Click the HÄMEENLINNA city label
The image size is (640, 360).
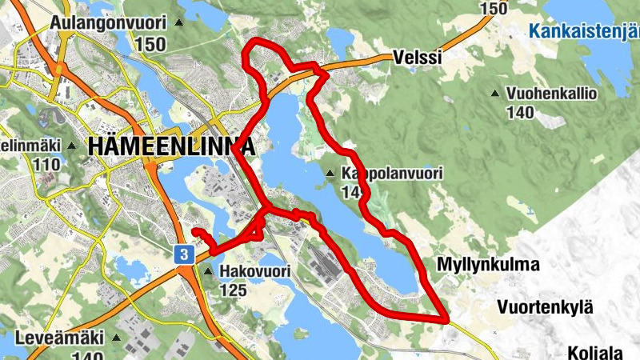pyautogui.click(x=171, y=146)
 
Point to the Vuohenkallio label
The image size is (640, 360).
pyautogui.click(x=552, y=94)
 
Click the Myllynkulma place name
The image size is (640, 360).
pyautogui.click(x=489, y=264)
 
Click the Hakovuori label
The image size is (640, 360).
pyautogui.click(x=254, y=272)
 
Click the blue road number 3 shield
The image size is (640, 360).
pyautogui.click(x=185, y=254)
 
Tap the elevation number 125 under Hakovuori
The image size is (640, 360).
pyautogui.click(x=233, y=290)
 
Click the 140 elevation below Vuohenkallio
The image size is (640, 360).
pyautogui.click(x=520, y=112)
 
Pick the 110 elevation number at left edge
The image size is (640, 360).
pyautogui.click(x=47, y=165)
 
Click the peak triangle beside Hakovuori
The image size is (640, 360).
pyautogui.click(x=209, y=272)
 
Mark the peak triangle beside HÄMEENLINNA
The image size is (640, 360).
pyautogui.click(x=74, y=146)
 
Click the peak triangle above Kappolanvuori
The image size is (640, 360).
pyautogui.click(x=330, y=174)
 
